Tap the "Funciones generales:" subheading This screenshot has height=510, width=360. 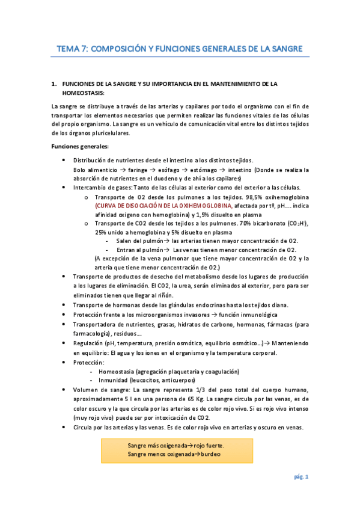tap(80, 147)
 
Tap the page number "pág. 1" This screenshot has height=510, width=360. tap(301, 477)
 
